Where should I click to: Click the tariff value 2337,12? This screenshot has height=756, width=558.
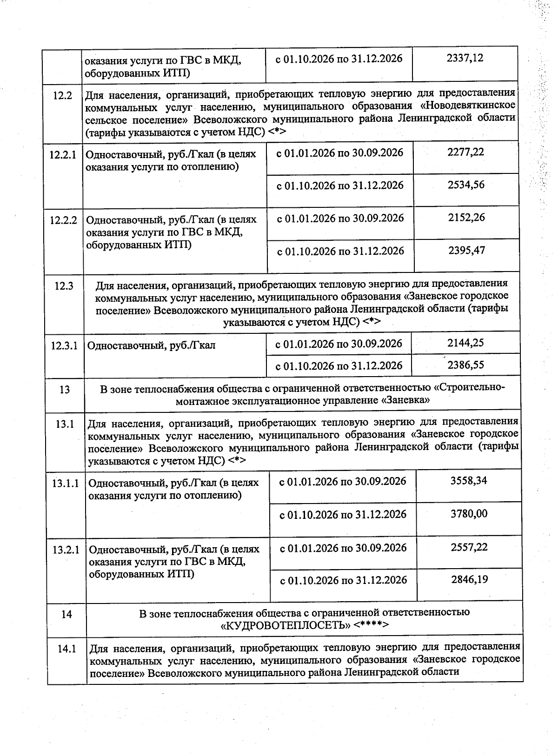465,58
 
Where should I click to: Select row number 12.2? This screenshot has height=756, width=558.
63,96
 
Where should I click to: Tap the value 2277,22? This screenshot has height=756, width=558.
465,152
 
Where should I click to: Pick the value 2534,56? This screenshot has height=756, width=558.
466,185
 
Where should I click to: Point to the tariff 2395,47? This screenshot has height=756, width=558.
466,251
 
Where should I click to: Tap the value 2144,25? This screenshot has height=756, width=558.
465,343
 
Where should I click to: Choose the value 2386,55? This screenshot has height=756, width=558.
465,365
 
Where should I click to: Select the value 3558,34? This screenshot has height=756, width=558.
469,480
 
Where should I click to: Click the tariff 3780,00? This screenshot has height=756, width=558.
469,514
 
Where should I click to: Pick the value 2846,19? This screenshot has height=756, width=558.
469,579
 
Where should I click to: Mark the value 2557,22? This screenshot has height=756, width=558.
469,547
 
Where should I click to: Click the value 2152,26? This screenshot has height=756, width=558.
466,218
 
